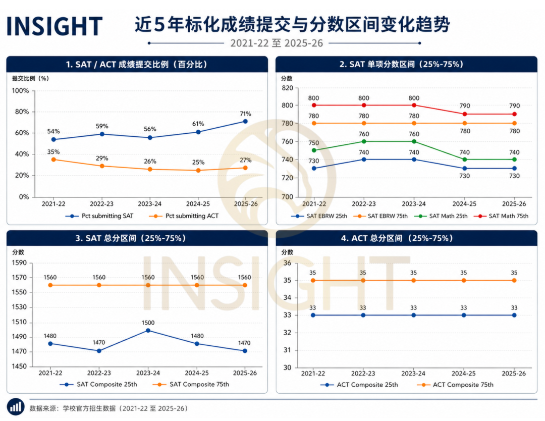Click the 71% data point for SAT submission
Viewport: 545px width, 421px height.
245,121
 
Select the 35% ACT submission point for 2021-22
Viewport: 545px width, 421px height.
53,160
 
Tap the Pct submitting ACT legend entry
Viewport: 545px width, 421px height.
184,216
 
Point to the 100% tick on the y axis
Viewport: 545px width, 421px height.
21,91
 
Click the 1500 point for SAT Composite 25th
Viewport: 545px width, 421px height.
148,331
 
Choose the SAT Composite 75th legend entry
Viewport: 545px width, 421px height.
191,384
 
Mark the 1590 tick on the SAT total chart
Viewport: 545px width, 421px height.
19,263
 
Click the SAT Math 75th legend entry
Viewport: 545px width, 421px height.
501,216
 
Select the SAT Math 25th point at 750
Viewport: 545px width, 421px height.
314,150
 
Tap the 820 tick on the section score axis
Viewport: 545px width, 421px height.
288,88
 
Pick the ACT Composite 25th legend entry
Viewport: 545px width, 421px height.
359,385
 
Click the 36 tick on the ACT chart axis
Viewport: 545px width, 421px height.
288,263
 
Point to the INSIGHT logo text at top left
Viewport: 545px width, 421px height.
54,26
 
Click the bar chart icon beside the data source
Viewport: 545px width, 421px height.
16,407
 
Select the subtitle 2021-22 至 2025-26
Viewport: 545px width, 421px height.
277,43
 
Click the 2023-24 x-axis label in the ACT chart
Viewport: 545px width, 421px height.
413,374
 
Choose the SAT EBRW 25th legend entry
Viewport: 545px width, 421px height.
319,216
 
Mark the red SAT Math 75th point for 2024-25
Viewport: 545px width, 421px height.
465,114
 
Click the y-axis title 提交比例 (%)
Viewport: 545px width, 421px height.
31,78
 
